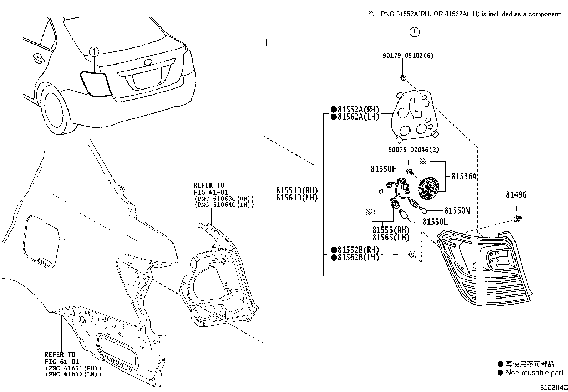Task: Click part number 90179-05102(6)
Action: pos(408,56)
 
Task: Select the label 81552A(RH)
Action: pos(358,110)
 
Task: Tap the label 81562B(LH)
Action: pos(358,258)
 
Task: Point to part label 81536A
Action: pos(464,176)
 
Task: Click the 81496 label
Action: pos(516,195)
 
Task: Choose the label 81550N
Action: pos(457,210)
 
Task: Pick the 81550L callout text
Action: pos(435,222)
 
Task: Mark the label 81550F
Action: pos(383,169)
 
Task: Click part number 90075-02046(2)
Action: pos(414,149)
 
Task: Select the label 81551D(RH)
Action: pos(297,190)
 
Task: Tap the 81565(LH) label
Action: pos(391,238)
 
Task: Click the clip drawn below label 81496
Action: pos(518,219)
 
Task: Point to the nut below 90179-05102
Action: pos(403,78)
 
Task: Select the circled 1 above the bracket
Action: pos(415,32)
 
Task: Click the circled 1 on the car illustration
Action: pos(94,52)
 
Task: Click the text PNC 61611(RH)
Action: pos(73,368)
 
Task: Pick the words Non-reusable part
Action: pos(534,372)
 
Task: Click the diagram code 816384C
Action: pos(554,387)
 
